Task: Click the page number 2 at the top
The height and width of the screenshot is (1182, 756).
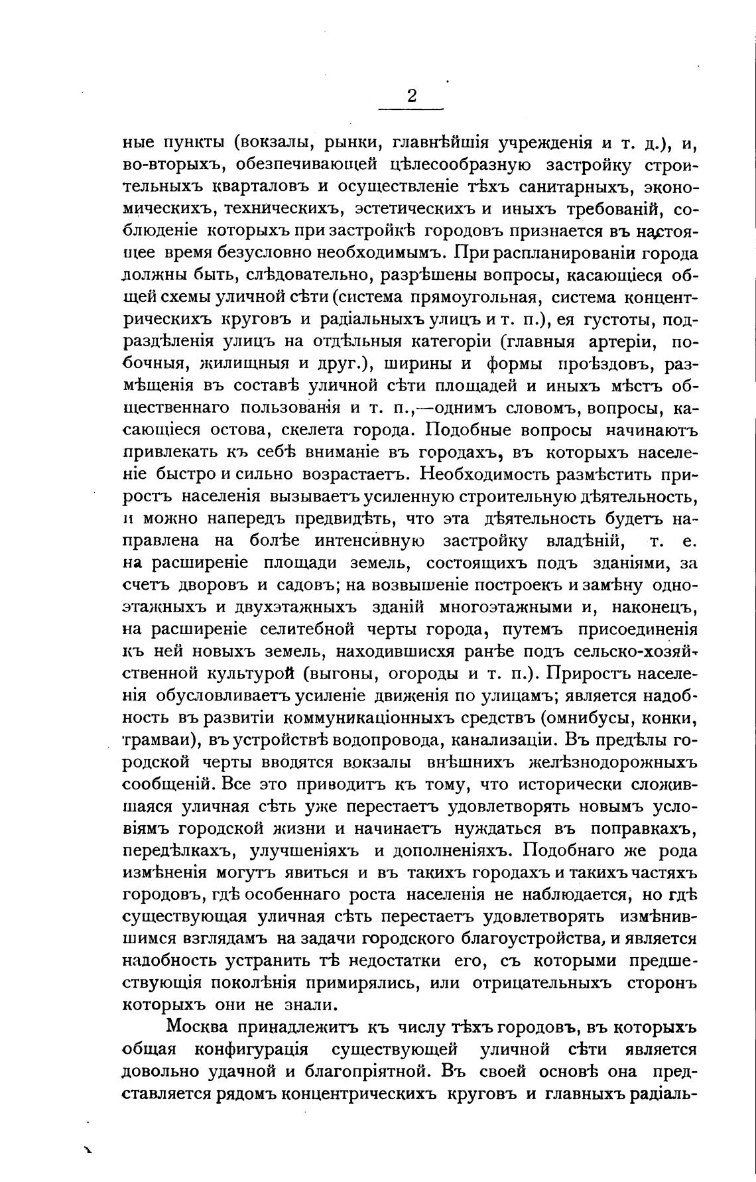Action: pos(411,97)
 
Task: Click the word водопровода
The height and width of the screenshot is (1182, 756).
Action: pos(391,740)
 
